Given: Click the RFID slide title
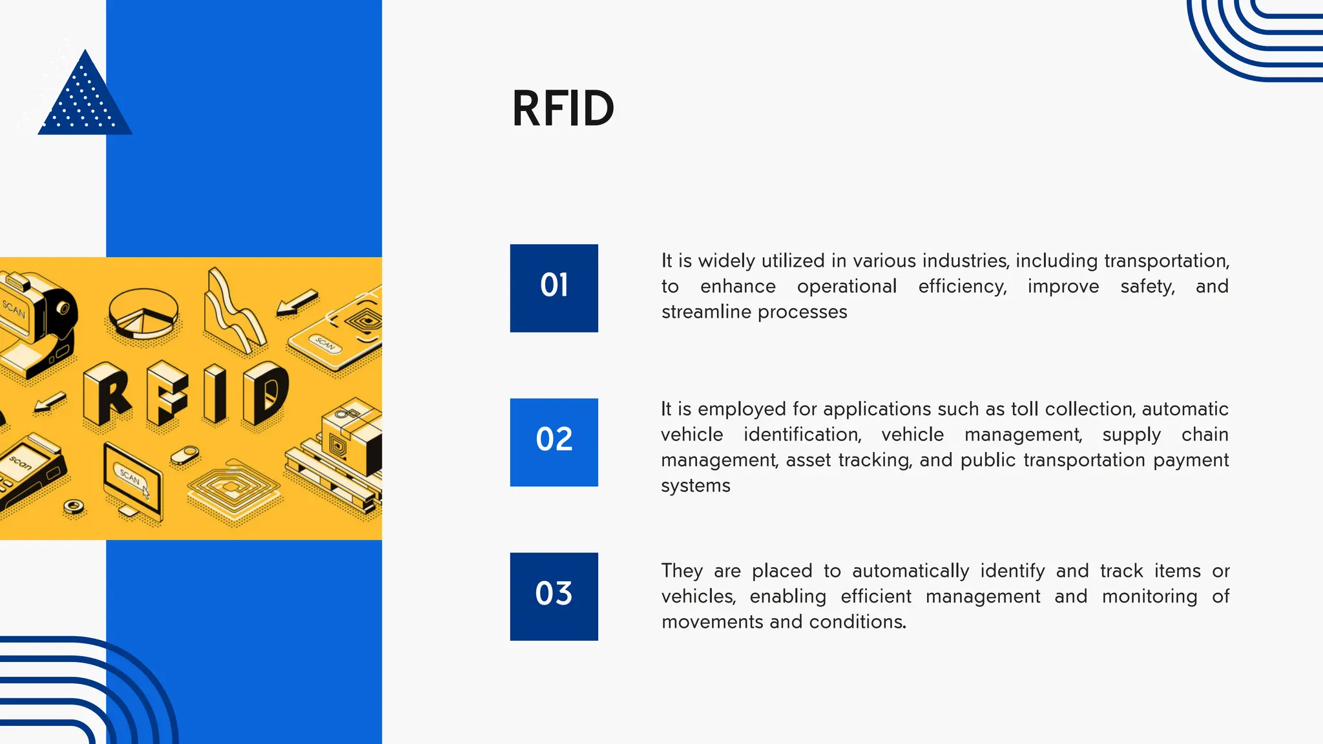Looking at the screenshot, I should tap(563, 109).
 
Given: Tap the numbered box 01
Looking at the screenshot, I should tap(554, 288).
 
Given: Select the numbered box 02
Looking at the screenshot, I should tap(554, 442).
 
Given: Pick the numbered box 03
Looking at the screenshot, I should tap(554, 596).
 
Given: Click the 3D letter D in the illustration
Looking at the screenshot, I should tap(266, 393).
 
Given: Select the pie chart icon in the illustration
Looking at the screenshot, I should tap(143, 313).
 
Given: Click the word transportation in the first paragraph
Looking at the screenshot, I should tap(1165, 261).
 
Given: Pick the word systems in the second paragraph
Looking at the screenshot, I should tap(695, 486).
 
